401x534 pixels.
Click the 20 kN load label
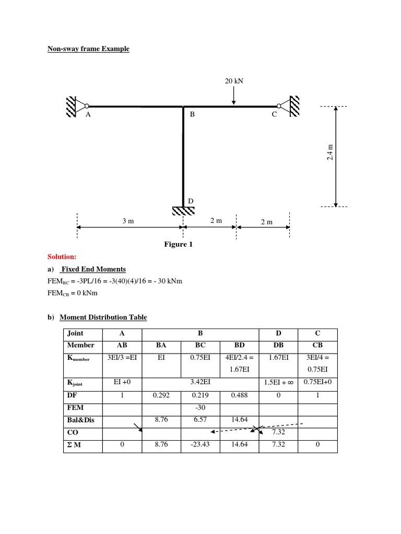pos(233,81)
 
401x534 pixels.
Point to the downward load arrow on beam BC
pos(233,95)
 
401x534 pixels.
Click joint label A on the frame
pos(88,115)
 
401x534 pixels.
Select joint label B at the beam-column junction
pos(192,115)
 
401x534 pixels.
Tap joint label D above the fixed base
pos(191,201)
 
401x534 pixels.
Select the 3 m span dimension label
pos(128,221)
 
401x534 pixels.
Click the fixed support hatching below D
pos(183,210)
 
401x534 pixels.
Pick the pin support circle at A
pos(87,106)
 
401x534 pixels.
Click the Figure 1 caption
pos(179,244)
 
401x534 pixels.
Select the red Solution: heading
pos(62,257)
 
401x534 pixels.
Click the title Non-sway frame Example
pos(88,49)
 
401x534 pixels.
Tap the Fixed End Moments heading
pos(93,269)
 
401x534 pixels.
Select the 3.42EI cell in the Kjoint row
pos(200,383)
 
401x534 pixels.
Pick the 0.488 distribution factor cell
pos(239,395)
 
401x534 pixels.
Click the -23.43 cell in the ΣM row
pos(200,445)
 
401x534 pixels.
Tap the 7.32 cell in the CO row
pos(278,432)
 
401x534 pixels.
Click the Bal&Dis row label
pos(80,420)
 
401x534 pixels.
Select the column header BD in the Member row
pos(239,345)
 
